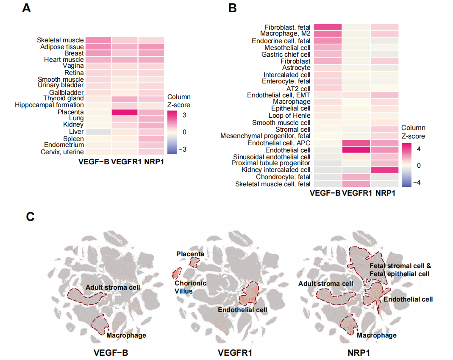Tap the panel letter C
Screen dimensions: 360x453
(30, 217)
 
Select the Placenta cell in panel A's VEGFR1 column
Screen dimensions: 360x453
(124, 112)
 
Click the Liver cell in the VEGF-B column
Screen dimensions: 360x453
(98, 132)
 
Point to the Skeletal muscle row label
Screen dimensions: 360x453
(60, 40)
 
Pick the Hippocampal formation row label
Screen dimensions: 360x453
(49, 105)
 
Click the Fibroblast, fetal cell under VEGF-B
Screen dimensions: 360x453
(327, 27)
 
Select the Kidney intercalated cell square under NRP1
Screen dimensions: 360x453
(384, 170)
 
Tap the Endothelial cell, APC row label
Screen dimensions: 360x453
(279, 143)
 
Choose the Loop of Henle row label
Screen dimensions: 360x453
(289, 116)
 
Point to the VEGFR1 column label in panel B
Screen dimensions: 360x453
(356, 194)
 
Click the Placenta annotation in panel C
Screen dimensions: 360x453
(190, 254)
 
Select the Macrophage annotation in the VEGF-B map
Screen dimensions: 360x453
(126, 335)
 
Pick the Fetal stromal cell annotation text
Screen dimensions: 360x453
(400, 266)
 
